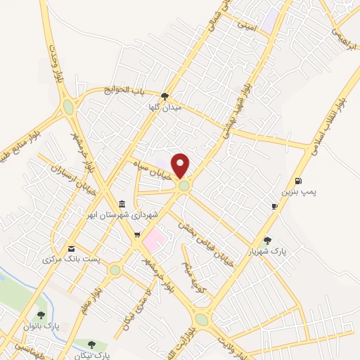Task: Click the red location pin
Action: (x=181, y=165)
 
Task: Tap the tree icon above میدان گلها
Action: (x=165, y=96)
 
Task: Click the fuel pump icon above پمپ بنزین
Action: (x=300, y=180)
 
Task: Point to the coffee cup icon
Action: (x=275, y=206)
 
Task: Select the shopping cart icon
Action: (x=138, y=236)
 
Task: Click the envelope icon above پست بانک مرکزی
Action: (x=71, y=248)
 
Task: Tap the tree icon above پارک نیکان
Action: (x=91, y=344)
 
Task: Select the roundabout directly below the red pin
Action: (x=184, y=186)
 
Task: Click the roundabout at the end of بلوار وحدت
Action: (x=68, y=108)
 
